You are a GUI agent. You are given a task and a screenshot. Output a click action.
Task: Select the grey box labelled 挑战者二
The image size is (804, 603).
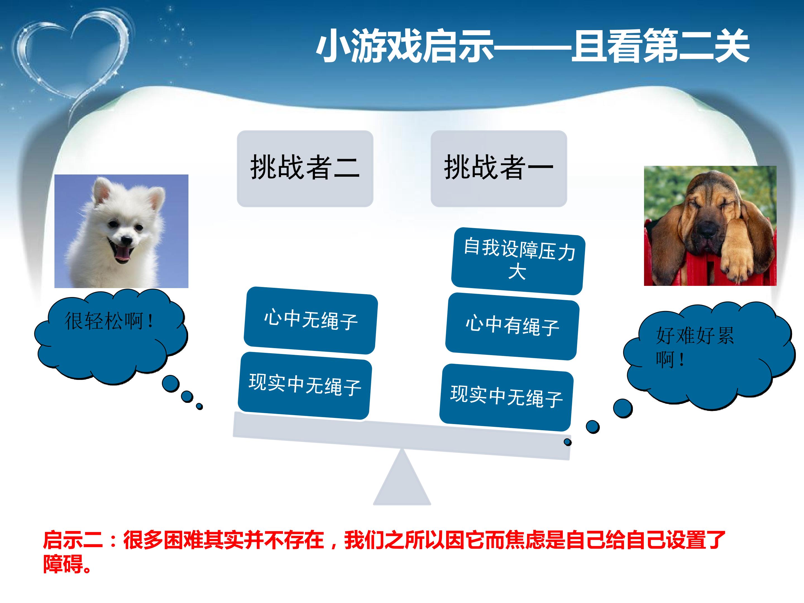point(305,169)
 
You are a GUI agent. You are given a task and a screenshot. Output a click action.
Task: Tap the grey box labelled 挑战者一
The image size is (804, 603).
point(499,169)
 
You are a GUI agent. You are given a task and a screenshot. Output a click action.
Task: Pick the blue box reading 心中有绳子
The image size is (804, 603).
point(513,326)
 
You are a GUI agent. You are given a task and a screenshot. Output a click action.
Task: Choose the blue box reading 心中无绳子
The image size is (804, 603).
point(311,320)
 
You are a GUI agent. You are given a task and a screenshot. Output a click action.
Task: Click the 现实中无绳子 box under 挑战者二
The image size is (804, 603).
point(305,385)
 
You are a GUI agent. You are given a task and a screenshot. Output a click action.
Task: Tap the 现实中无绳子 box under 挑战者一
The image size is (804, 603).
point(507,397)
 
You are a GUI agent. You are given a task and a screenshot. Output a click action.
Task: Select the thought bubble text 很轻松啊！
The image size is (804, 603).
point(109,321)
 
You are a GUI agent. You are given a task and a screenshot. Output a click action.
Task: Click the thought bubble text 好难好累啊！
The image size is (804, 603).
point(695,347)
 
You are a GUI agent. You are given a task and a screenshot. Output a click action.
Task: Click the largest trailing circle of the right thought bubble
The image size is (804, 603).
point(623,408)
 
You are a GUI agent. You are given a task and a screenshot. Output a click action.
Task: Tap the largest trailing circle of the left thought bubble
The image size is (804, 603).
point(171,384)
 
